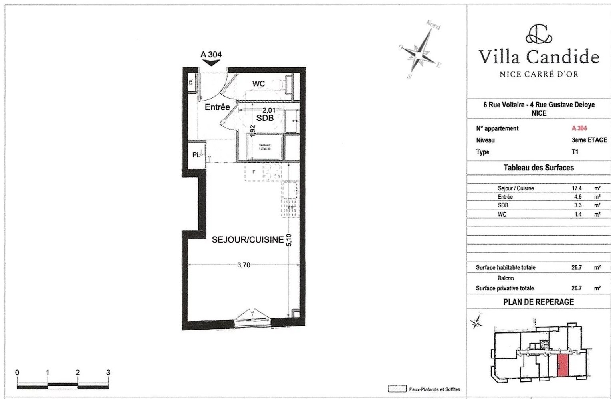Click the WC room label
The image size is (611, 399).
click(x=258, y=84)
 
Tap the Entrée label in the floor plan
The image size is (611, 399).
click(x=217, y=107)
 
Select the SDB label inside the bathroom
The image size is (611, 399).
click(x=265, y=118)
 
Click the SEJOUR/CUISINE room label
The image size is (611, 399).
click(x=248, y=240)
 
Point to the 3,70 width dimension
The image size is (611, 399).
click(x=244, y=265)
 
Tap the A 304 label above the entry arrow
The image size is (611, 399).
click(x=211, y=55)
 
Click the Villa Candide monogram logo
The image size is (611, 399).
click(x=539, y=34)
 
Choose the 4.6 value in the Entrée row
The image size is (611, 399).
click(x=577, y=197)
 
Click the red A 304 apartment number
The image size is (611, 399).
click(x=579, y=128)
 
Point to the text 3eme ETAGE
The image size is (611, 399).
click(x=589, y=140)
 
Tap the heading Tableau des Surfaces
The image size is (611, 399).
click(x=538, y=168)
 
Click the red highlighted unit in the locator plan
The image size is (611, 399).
click(x=563, y=365)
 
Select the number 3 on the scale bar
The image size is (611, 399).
click(x=108, y=372)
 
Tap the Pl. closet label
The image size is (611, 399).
click(x=196, y=155)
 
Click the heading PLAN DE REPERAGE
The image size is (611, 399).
click(x=538, y=302)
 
